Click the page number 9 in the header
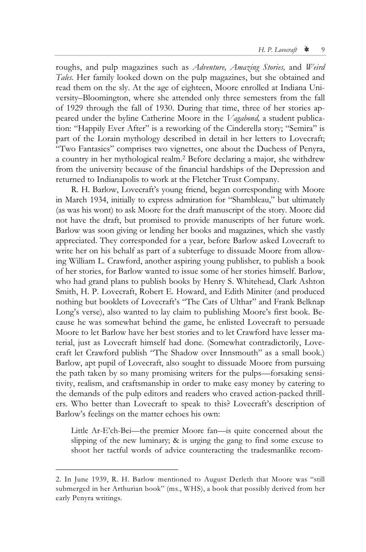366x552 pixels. [323, 50]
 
